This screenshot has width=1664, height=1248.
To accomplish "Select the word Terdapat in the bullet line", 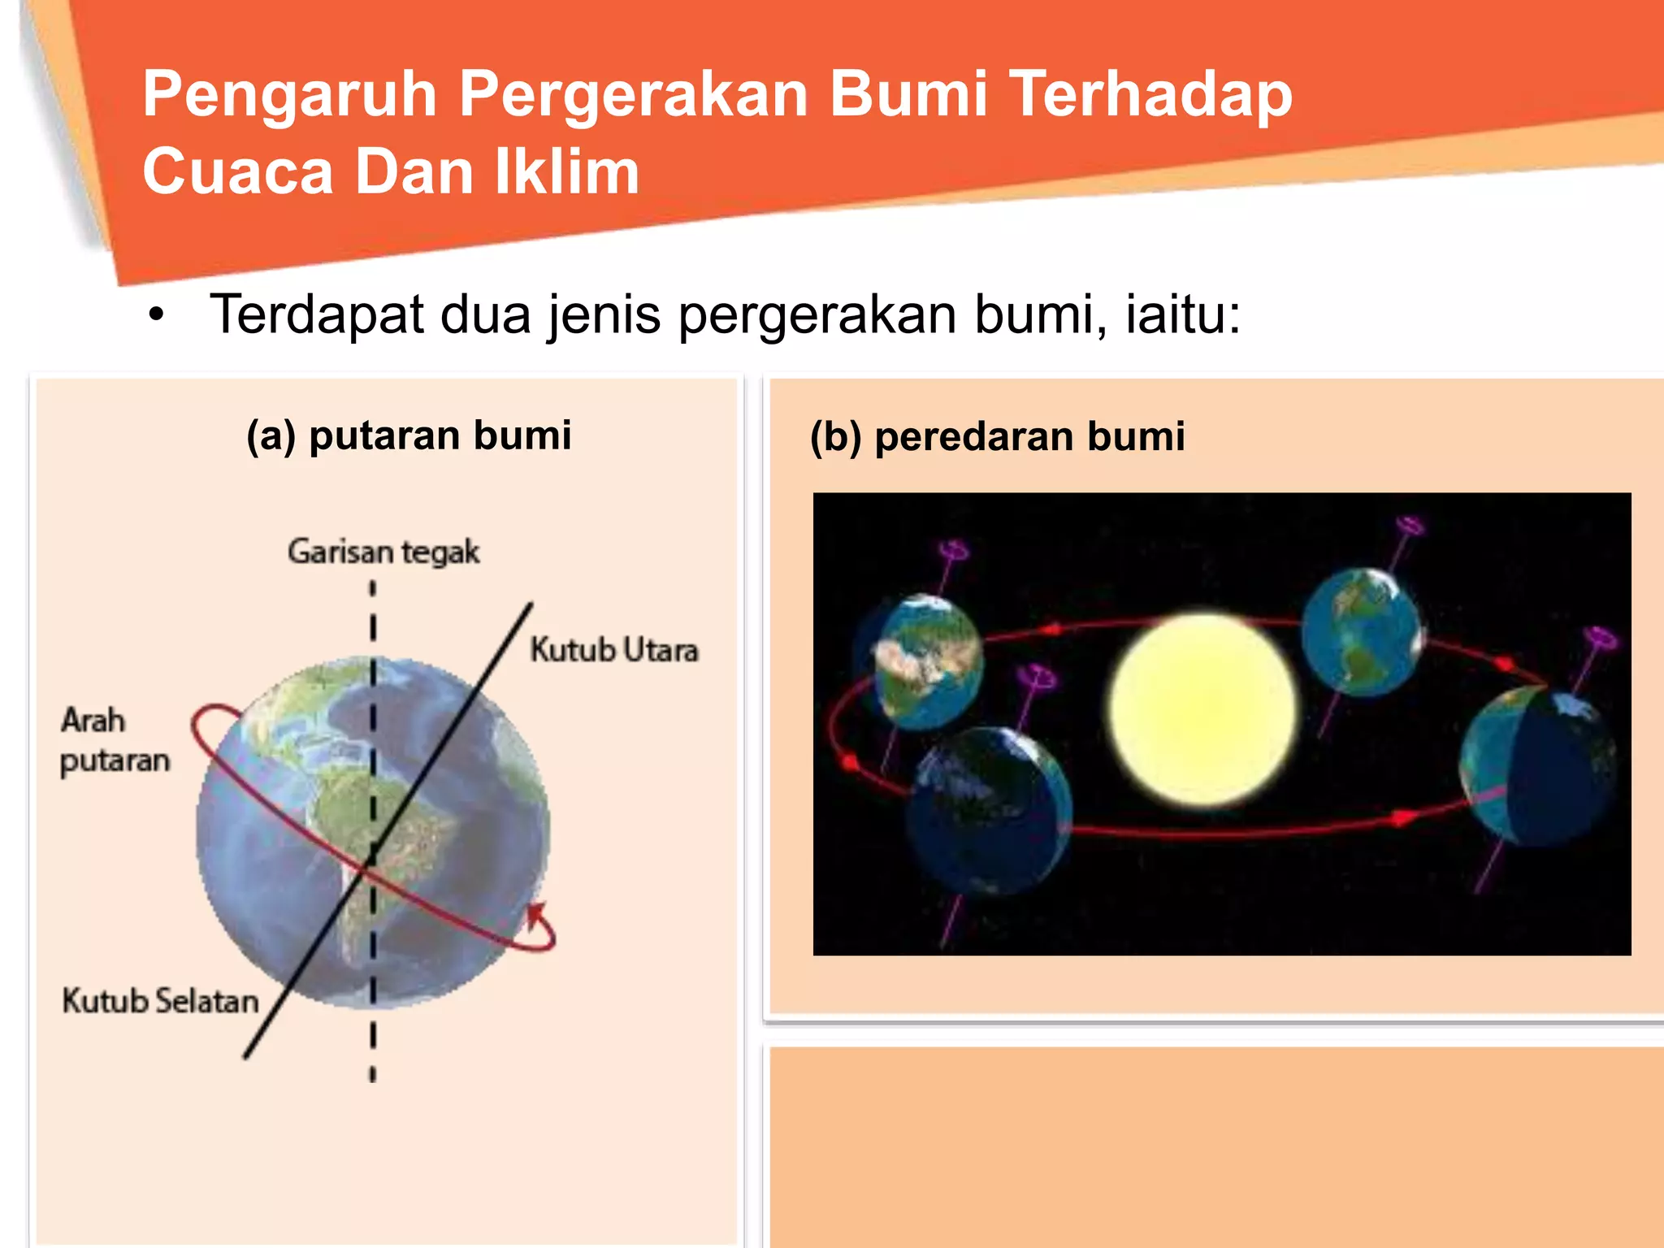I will (x=317, y=314).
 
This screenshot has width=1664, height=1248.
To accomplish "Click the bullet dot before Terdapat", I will (x=156, y=315).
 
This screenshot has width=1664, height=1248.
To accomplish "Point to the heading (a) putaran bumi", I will (x=409, y=435).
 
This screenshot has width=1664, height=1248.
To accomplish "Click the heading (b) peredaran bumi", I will (x=997, y=436).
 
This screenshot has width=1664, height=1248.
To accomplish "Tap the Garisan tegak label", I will (x=383, y=552).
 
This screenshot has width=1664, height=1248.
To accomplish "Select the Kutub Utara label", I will (x=614, y=650).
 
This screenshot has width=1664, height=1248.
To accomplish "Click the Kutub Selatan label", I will (x=160, y=1001).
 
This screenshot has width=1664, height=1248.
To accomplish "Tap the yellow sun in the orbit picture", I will (x=1203, y=709).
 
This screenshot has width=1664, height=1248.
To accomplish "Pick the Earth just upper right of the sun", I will (x=1361, y=632).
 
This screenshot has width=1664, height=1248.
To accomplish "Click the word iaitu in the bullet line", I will (x=1182, y=314).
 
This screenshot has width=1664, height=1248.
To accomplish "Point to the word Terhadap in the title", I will (x=1150, y=96).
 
